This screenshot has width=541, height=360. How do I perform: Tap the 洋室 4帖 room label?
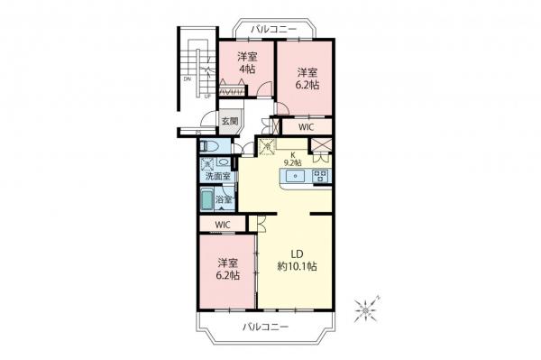[x=246, y=63]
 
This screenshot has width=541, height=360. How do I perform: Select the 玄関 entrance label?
[x=229, y=122]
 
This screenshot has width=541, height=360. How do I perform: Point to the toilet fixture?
[x=208, y=147]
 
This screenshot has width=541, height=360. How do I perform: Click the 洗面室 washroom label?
[x=216, y=176]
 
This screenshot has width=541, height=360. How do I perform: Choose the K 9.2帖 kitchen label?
[x=293, y=159]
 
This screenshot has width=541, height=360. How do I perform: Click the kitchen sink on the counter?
[x=295, y=177]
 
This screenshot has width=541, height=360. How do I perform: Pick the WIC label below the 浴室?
[x=224, y=224]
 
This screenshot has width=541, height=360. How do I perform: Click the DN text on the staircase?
[x=187, y=78]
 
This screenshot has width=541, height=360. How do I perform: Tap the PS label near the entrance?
[x=198, y=133]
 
